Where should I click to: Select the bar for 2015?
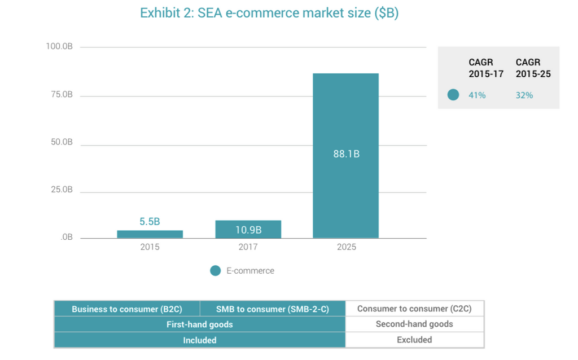click(150, 234)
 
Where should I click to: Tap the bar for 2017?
click(248, 229)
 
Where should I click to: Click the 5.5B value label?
click(150, 222)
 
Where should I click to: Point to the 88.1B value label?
click(346, 153)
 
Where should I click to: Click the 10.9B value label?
click(248, 230)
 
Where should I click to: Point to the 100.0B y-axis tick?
click(59, 46)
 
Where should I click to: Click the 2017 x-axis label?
click(248, 247)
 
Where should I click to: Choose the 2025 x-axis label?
click(346, 247)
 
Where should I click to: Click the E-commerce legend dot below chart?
click(215, 271)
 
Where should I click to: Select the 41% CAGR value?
click(477, 95)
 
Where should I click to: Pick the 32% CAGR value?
click(524, 95)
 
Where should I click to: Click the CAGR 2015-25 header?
click(533, 68)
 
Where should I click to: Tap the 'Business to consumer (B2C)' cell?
click(127, 309)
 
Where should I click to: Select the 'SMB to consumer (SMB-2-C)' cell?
click(272, 309)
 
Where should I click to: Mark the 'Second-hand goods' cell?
click(414, 324)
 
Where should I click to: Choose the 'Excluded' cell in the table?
click(414, 340)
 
